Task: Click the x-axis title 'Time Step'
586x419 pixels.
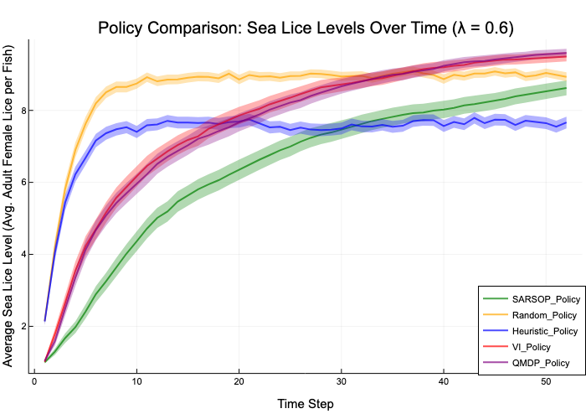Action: [305, 404]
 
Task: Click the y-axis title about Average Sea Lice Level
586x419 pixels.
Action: [10, 208]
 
